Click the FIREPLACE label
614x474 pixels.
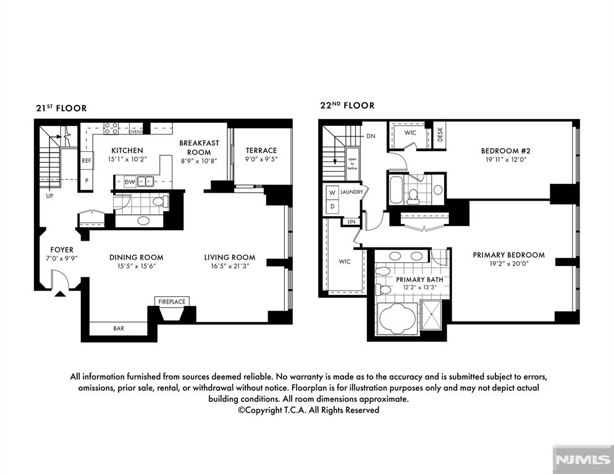pyautogui.click(x=172, y=302)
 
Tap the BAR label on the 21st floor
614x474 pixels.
pyautogui.click(x=119, y=328)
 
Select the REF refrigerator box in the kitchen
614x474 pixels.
pyautogui.click(x=86, y=160)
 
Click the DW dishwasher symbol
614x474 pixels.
pyautogui.click(x=130, y=182)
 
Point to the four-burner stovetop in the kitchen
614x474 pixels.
pyautogui.click(x=111, y=128)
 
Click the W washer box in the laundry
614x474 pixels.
pyautogui.click(x=332, y=192)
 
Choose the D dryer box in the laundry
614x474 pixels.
pyautogui.click(x=332, y=206)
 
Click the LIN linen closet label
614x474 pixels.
pyautogui.click(x=351, y=222)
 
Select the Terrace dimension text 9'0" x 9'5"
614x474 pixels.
pyautogui.click(x=261, y=159)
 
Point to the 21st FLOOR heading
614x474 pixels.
pyautogui.click(x=62, y=108)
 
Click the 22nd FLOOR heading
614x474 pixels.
pyautogui.click(x=347, y=106)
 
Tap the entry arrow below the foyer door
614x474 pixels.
pyautogui.click(x=59, y=294)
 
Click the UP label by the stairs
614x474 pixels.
pyautogui.click(x=49, y=196)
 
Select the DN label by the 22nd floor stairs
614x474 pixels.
pyautogui.click(x=371, y=136)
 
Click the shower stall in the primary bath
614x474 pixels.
pyautogui.click(x=431, y=315)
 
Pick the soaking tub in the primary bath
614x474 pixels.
pyautogui.click(x=397, y=318)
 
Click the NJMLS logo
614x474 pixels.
pyautogui.click(x=583, y=459)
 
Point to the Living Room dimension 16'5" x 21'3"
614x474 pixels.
pyautogui.click(x=229, y=266)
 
